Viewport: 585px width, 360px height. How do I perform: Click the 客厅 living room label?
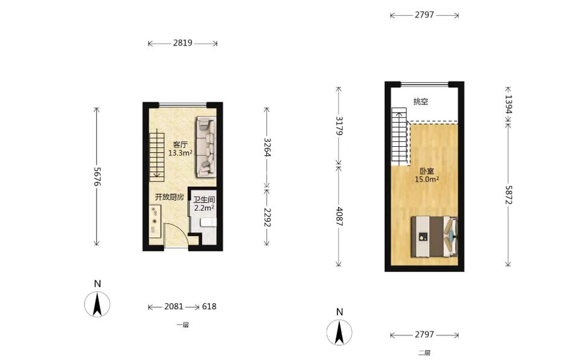(x=180, y=144)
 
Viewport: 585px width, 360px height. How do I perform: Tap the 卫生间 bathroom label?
(x=204, y=199)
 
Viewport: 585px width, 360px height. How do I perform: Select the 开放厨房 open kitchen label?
(x=170, y=197)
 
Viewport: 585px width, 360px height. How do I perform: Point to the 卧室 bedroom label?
(x=427, y=171)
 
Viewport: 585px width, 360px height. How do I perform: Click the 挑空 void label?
(x=421, y=101)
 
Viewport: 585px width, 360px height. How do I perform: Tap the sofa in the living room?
(x=206, y=147)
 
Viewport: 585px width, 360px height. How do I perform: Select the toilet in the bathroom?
(x=208, y=222)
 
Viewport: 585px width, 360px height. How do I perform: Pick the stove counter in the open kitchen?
(x=155, y=220)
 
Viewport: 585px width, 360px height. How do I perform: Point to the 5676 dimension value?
(x=97, y=177)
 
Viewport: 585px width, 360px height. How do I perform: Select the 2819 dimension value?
(x=182, y=43)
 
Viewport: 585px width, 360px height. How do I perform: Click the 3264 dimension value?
(x=267, y=147)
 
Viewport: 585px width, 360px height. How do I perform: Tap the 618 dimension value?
(x=209, y=306)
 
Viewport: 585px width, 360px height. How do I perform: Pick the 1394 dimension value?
(x=508, y=104)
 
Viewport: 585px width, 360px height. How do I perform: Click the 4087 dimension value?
(x=339, y=216)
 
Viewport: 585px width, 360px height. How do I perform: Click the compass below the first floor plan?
(x=97, y=304)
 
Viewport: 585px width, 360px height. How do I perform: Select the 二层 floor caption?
(x=424, y=353)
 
